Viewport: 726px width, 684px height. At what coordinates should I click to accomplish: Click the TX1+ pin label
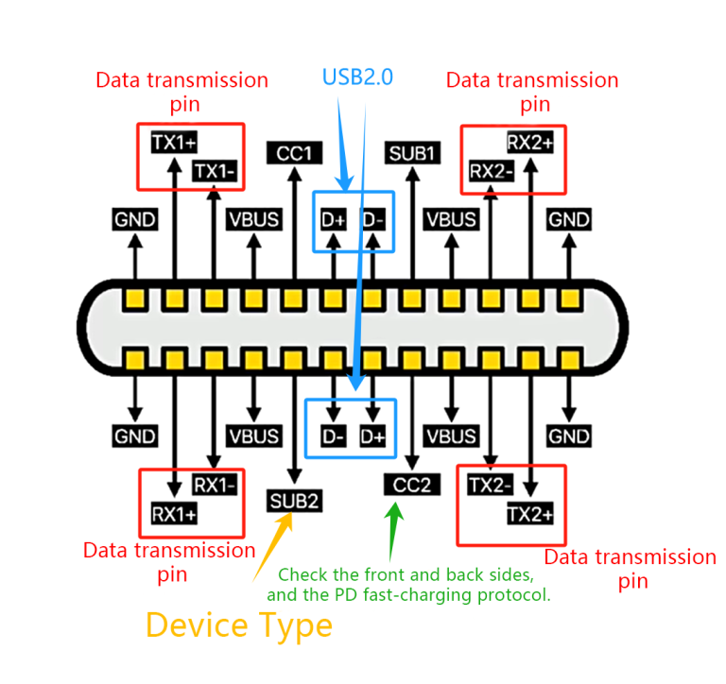tap(174, 143)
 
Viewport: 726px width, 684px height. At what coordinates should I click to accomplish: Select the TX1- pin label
tap(215, 171)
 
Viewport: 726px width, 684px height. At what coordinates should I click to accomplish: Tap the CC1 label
tap(294, 152)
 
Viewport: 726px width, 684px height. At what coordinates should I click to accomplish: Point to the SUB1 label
tap(412, 152)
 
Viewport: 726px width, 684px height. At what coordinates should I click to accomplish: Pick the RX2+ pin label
tap(530, 143)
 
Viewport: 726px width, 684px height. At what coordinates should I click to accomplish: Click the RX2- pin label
tap(492, 171)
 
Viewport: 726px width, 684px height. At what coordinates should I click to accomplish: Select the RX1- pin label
tap(215, 485)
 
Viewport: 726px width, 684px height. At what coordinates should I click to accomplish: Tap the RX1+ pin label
tap(175, 514)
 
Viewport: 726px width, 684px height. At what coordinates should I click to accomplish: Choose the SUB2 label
tap(294, 500)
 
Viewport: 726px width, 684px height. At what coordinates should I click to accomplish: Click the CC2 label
tap(412, 485)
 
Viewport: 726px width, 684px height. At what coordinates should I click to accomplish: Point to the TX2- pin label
tap(492, 485)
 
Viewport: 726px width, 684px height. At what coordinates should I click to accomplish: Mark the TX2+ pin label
tap(530, 514)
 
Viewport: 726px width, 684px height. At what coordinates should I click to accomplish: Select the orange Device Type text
tap(238, 624)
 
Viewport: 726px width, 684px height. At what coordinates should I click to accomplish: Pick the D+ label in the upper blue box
tap(334, 220)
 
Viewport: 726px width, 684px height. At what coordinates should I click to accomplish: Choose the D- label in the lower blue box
tap(334, 436)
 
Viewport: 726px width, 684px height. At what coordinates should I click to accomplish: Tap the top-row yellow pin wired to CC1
tap(294, 300)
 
